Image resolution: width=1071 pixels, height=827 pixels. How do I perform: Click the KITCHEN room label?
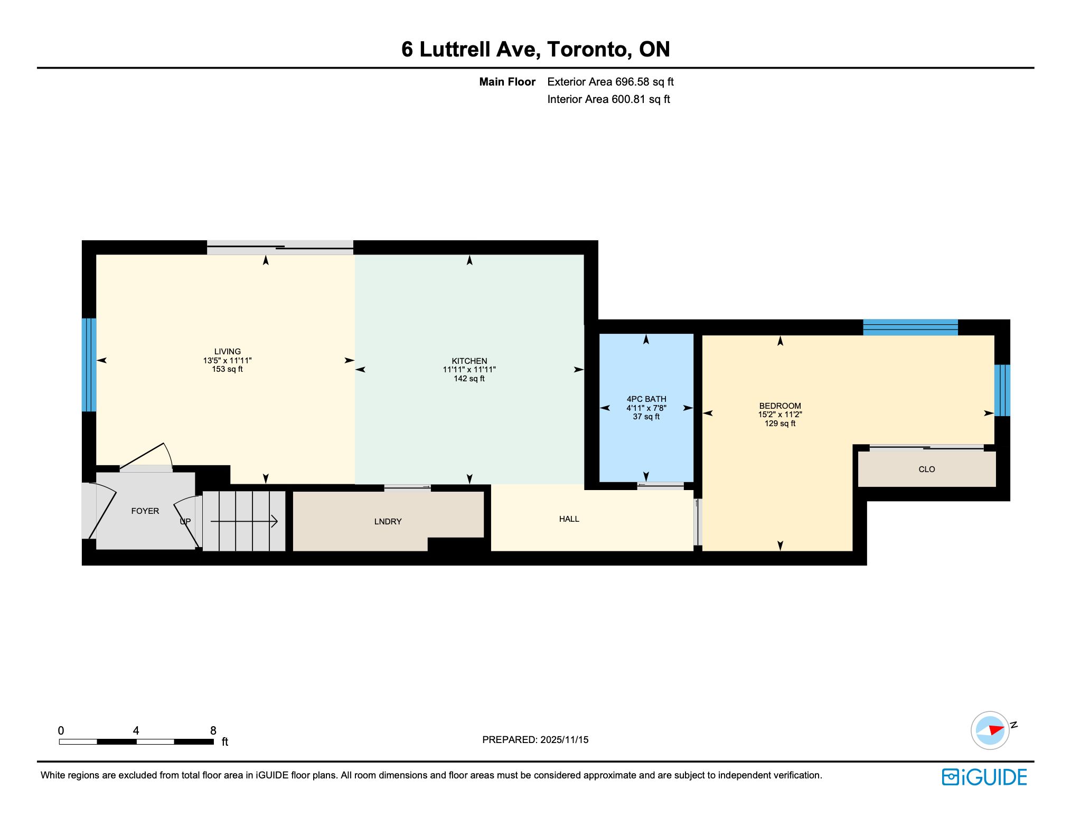pos(469,361)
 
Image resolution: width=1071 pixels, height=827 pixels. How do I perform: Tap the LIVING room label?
pos(228,352)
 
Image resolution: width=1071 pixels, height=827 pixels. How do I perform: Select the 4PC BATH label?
pos(646,399)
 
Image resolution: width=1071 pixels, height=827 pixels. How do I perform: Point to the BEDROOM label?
pos(780,406)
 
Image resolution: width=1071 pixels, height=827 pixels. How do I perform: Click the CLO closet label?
pos(927,469)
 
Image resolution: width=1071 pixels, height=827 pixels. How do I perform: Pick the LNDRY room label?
pos(388,522)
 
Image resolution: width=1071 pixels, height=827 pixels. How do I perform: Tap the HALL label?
pos(569,519)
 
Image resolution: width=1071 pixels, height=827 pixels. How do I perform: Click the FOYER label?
pos(145,511)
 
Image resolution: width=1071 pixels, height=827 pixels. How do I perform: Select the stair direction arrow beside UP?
pos(244,522)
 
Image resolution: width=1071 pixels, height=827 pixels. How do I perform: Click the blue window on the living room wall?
pos(89,365)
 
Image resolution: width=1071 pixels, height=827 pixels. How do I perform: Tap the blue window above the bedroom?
pos(910,327)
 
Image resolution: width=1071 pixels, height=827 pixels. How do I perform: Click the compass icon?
pos(990,731)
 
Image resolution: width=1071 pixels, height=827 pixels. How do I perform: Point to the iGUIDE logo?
pos(984,777)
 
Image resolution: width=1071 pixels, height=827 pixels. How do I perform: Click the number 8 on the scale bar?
pos(213,731)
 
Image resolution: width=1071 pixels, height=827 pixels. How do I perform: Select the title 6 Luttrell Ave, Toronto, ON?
pos(535,49)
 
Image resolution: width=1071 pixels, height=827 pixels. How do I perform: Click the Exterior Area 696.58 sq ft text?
pos(610,82)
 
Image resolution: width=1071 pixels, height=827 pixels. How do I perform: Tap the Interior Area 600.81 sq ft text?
pos(608,99)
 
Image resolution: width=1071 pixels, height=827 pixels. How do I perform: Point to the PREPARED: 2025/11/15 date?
pos(535,740)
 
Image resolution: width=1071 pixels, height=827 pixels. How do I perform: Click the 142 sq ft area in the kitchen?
pos(469,379)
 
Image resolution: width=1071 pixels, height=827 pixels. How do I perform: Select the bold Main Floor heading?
pos(507,82)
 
